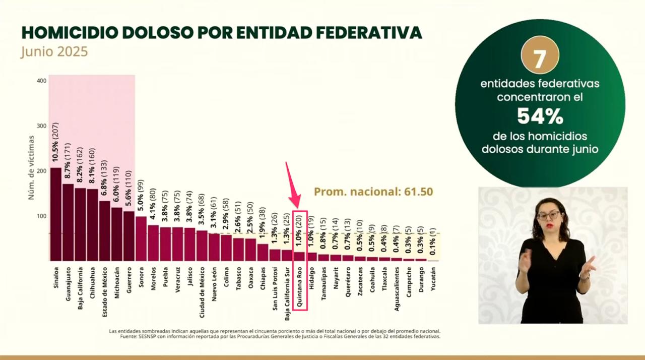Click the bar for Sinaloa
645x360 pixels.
(55, 214)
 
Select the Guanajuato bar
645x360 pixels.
(68, 222)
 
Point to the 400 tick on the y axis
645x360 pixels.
(41, 81)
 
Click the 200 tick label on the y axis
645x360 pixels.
(41, 171)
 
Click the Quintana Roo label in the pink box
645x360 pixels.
(299, 287)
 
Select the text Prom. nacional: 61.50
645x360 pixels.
(373, 192)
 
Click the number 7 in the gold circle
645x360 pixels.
(539, 58)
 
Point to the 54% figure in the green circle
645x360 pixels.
(540, 116)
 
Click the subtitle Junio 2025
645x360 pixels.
(54, 52)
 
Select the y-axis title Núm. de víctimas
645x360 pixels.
(31, 167)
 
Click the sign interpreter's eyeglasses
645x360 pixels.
(548, 215)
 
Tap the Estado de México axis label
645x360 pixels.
(105, 292)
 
